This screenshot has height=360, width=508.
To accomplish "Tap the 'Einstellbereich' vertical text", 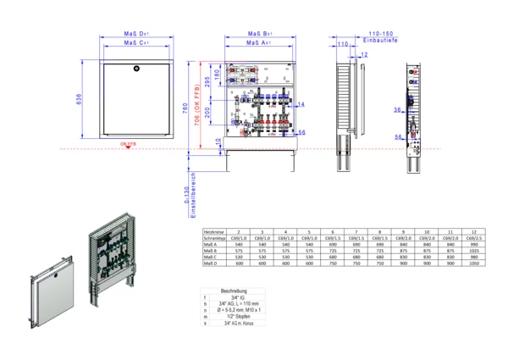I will pyautogui.click(x=194, y=192).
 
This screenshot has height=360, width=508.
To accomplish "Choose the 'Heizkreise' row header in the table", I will pyautogui.click(x=213, y=231).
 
